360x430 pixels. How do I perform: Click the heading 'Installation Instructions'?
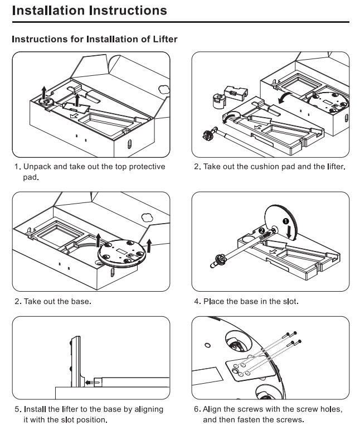coord(89,10)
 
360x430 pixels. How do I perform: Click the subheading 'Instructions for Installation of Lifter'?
coord(95,39)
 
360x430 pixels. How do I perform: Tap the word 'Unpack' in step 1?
coord(37,167)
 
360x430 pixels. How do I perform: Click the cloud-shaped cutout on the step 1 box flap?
coord(163,89)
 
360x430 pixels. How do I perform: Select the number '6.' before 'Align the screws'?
coord(197,409)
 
